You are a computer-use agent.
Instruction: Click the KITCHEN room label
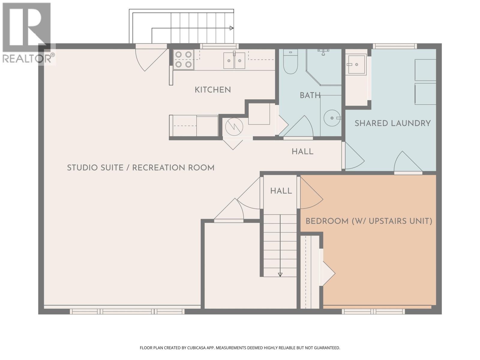click(x=212, y=90)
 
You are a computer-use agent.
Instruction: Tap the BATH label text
click(x=310, y=95)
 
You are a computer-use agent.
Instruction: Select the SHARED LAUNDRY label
click(x=392, y=123)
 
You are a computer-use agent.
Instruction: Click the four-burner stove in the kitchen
click(x=183, y=59)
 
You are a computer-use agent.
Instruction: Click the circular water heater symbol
click(x=234, y=127)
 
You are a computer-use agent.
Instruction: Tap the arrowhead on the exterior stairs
click(x=231, y=28)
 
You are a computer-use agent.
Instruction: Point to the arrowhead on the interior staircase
click(x=280, y=274)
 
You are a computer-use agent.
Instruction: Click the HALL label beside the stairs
click(x=281, y=191)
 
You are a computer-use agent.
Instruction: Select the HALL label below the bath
click(x=302, y=152)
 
